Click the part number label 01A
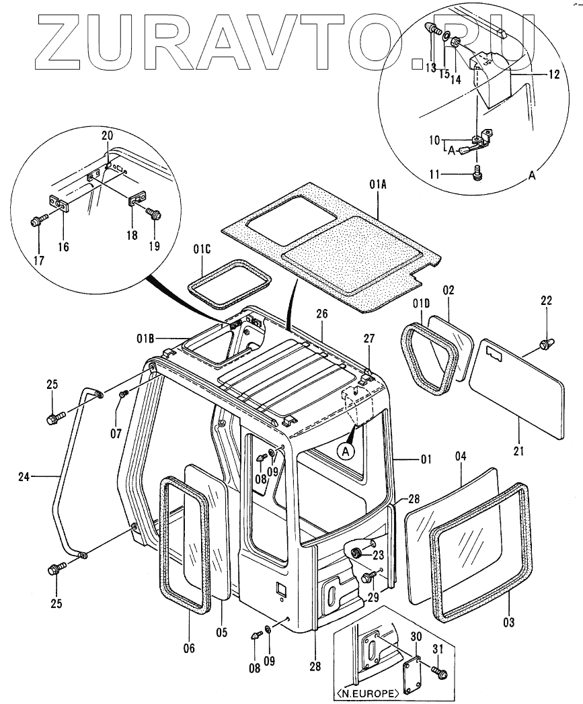[x=377, y=181]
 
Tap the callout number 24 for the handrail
[x=25, y=478]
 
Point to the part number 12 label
[x=553, y=75]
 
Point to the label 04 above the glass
[x=460, y=456]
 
